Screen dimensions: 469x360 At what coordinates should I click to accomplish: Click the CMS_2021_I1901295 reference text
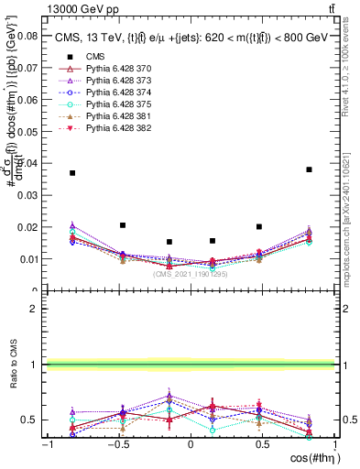pos(191,273)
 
